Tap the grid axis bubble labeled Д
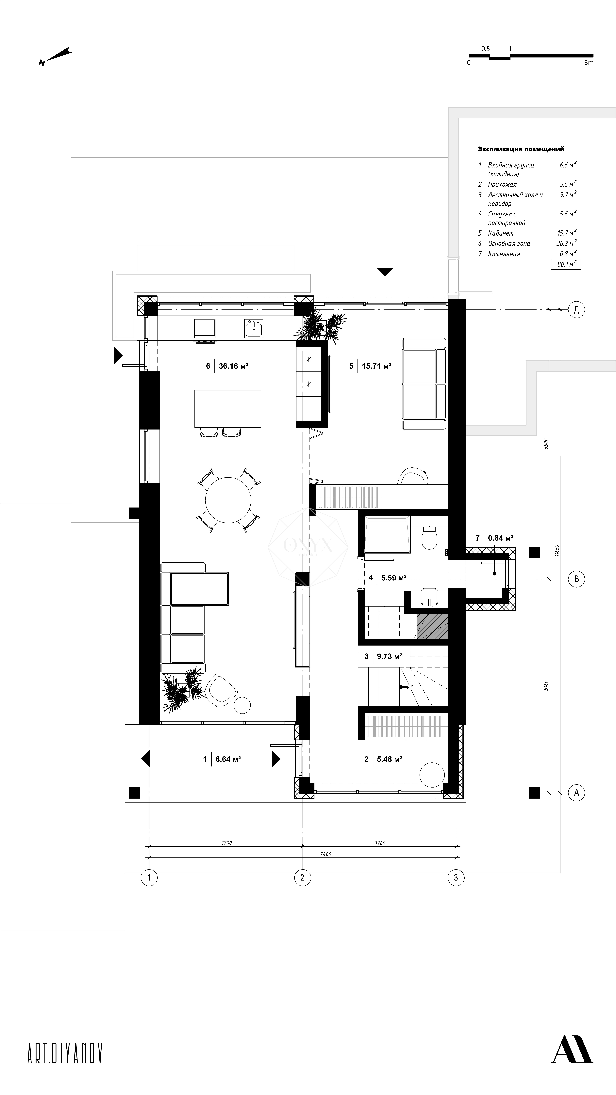click(x=576, y=310)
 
